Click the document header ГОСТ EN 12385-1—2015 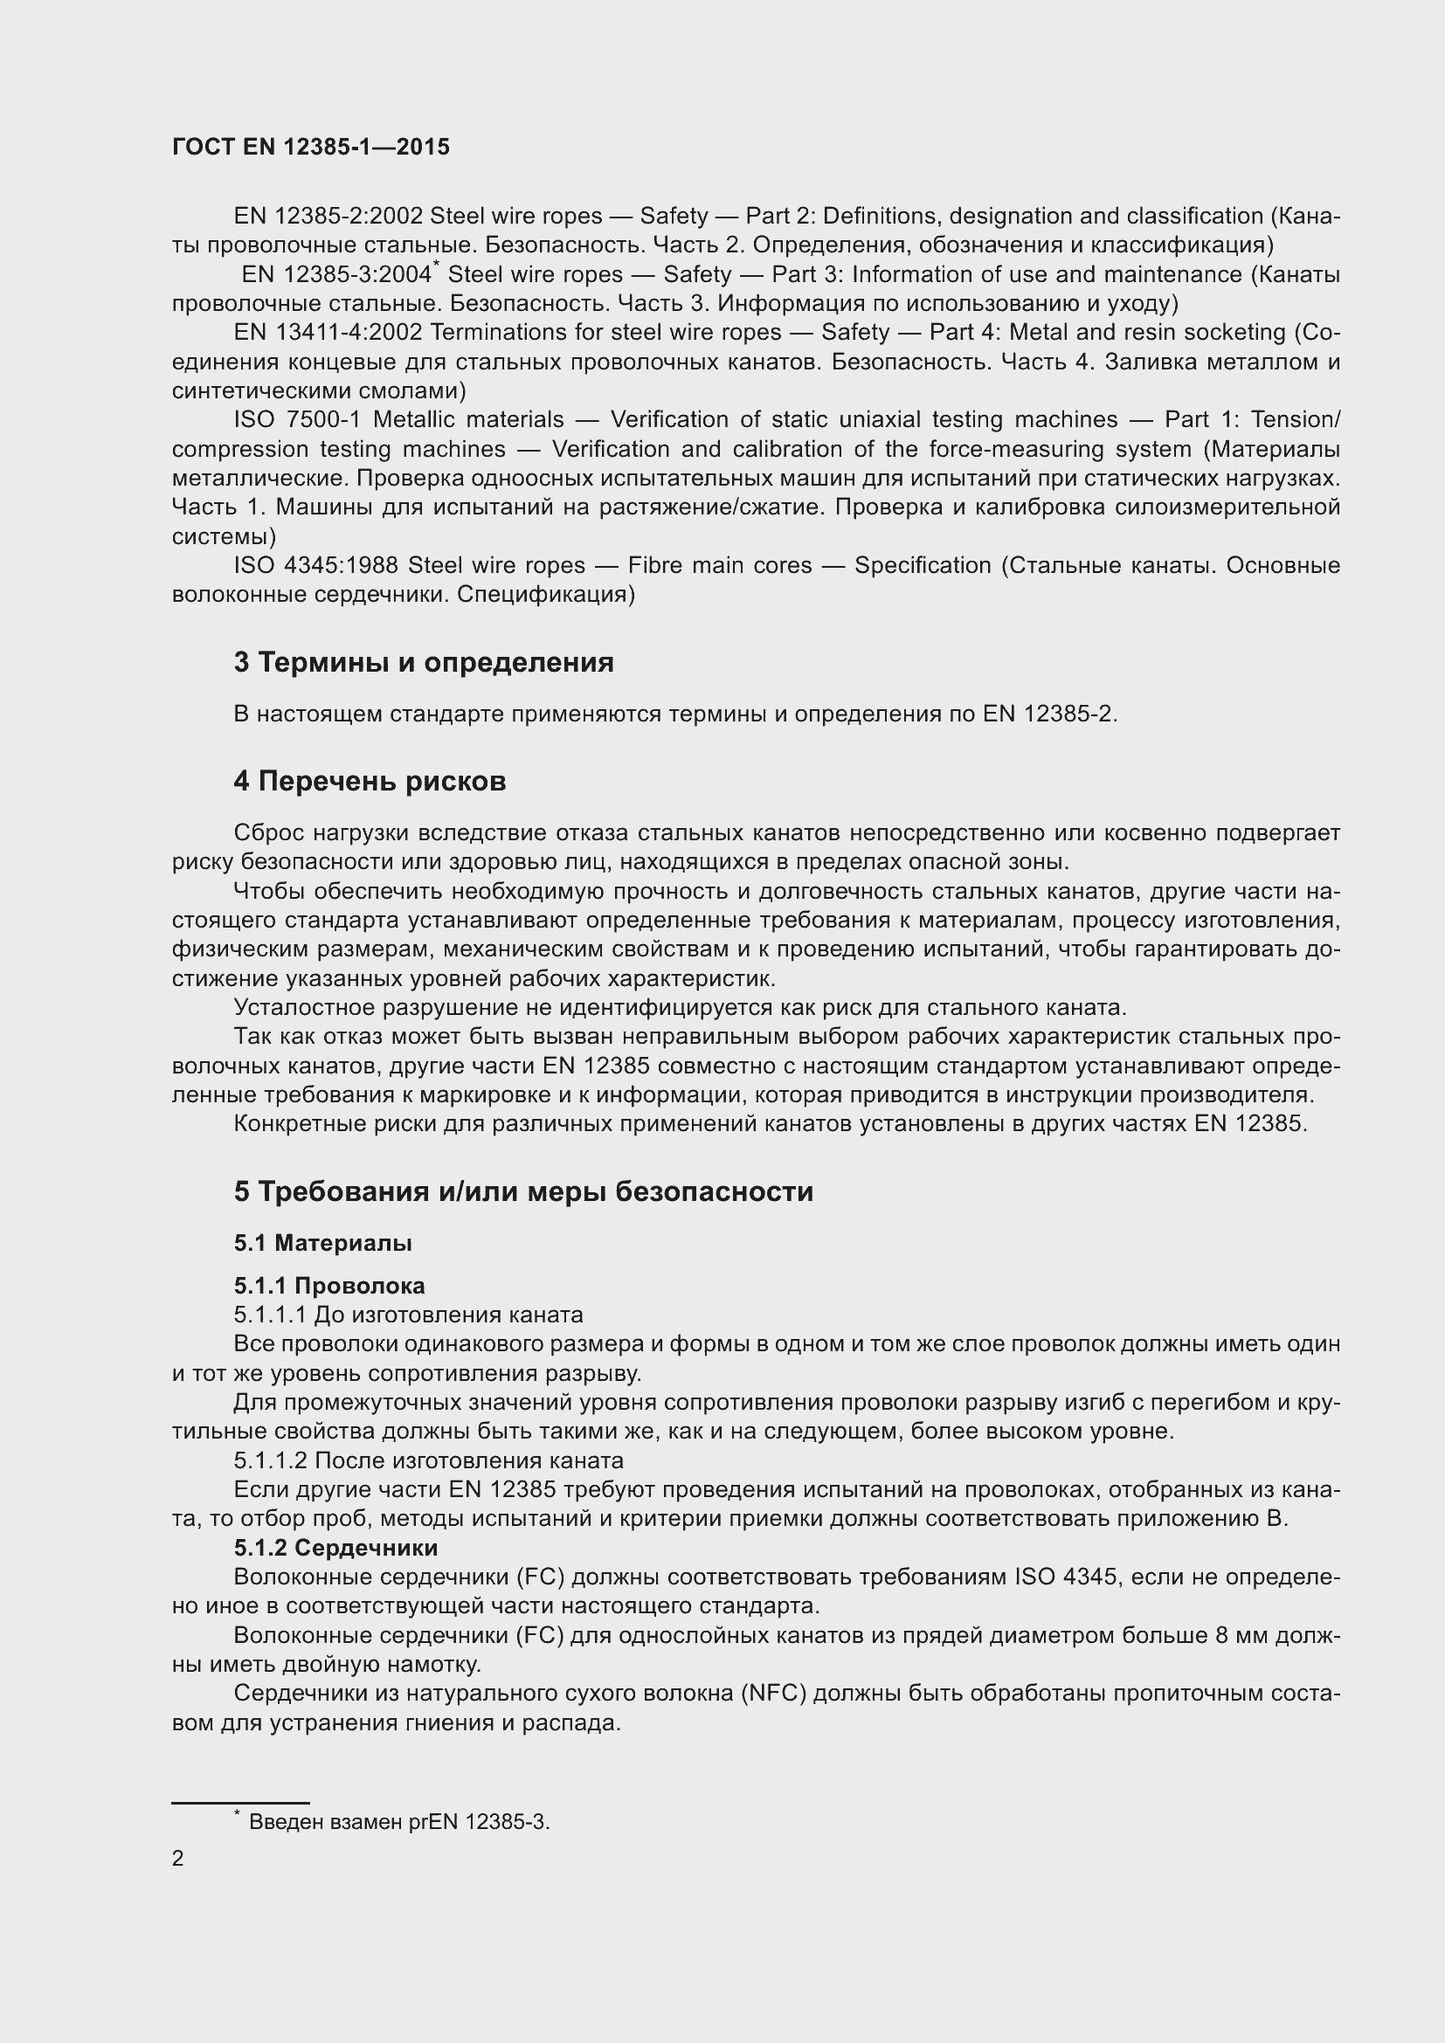[310, 148]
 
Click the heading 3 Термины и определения [424, 663]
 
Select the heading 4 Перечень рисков [370, 781]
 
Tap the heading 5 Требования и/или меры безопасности [523, 1191]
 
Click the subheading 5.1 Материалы [323, 1243]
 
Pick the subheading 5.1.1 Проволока [329, 1286]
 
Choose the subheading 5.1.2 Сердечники [335, 1549]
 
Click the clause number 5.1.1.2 [271, 1461]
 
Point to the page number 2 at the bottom [178, 1858]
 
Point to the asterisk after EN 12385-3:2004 [435, 265]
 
